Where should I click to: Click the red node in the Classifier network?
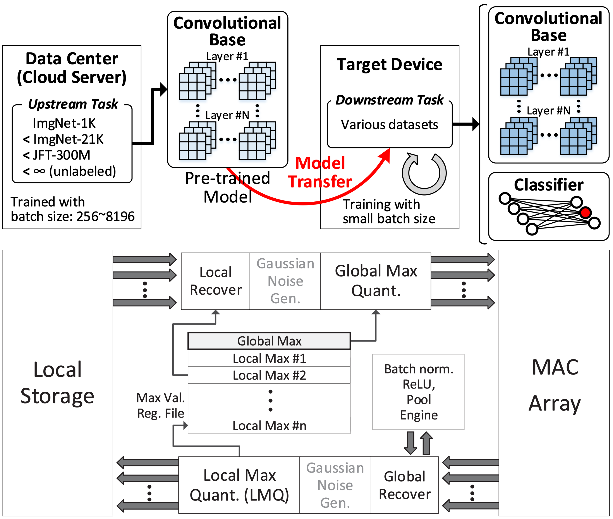[x=585, y=212]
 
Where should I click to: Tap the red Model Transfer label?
[x=320, y=172]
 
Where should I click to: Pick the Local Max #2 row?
[x=269, y=375]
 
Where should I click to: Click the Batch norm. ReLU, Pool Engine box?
[x=418, y=392]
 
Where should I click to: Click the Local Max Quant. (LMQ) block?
[x=239, y=485]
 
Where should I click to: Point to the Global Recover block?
[x=404, y=485]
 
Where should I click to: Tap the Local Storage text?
[x=57, y=382]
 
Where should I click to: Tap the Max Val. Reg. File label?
[x=161, y=406]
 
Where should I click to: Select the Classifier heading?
[x=549, y=185]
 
